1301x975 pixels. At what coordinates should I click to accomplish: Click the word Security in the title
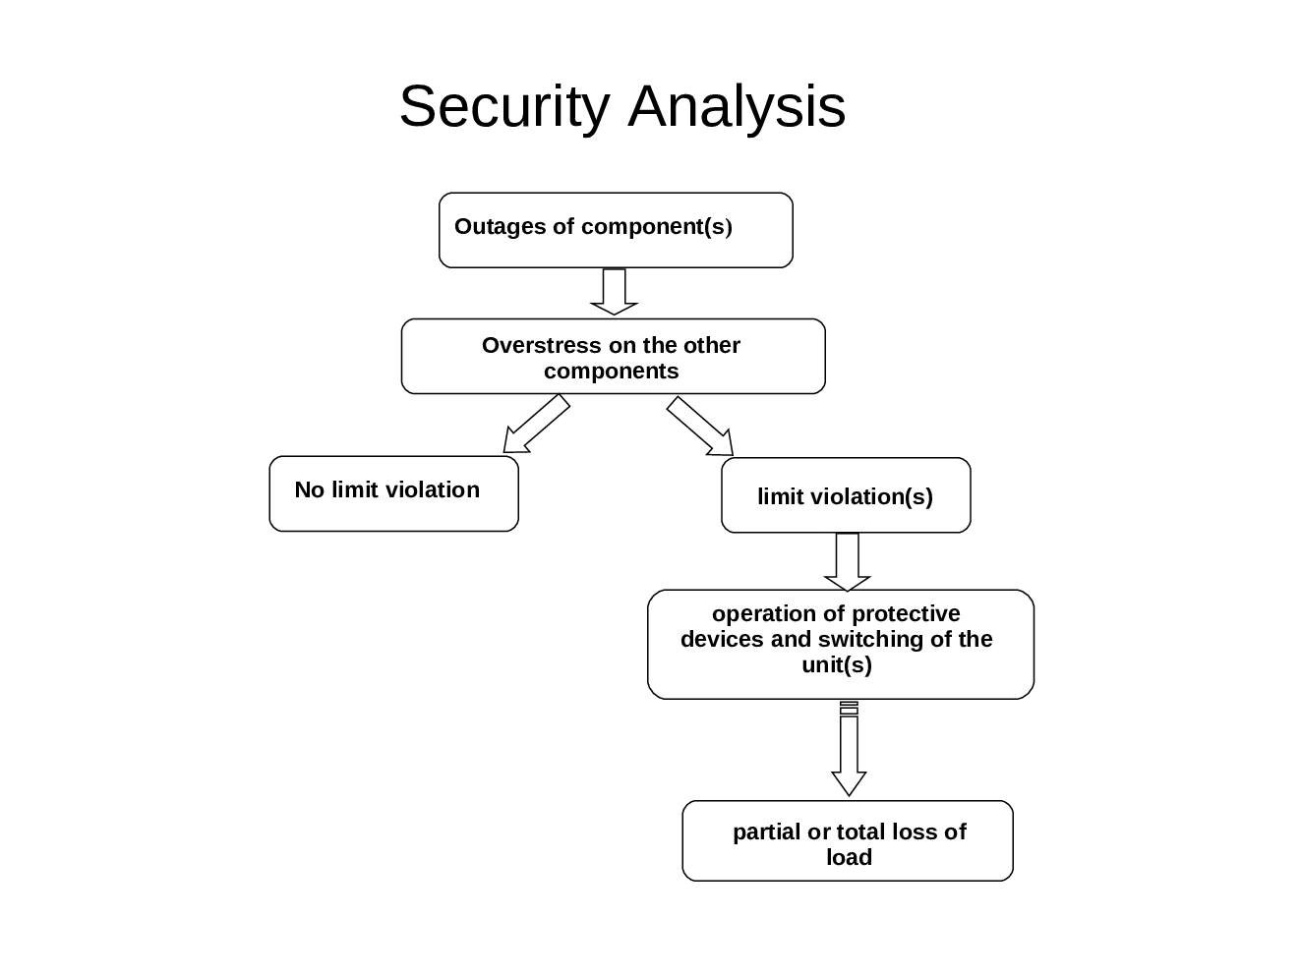pos(503,107)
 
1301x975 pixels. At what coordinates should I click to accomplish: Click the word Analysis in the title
pos(737,107)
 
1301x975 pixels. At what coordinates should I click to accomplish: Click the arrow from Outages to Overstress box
pos(614,292)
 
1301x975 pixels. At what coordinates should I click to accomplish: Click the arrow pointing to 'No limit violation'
pos(535,425)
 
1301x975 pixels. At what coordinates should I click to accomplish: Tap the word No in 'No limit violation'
pos(309,490)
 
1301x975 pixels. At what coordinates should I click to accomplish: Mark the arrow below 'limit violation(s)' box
pos(847,561)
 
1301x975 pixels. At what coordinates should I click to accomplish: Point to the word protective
pos(905,614)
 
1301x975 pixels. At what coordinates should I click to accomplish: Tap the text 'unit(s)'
pos(837,665)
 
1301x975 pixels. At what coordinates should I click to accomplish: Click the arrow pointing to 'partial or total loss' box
pos(849,752)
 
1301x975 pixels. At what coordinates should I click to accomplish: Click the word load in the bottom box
pos(849,858)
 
